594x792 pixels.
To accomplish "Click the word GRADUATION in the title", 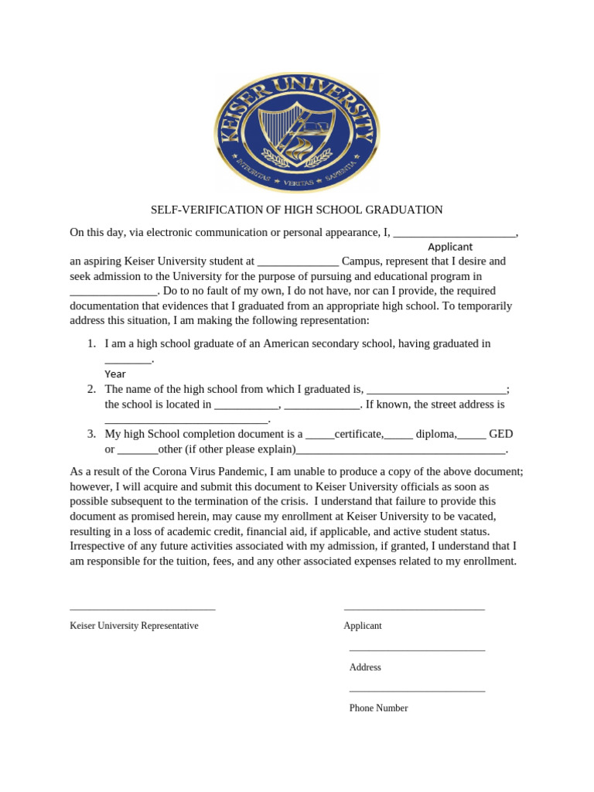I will coord(405,210).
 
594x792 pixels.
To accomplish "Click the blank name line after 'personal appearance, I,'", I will coord(454,233).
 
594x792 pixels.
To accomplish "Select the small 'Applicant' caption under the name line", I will coord(450,247).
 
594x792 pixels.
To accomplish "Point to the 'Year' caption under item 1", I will coord(115,374).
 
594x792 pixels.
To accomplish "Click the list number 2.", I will coord(90,389).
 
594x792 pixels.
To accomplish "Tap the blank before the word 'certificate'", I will coord(320,435).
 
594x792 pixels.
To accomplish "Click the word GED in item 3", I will coord(500,434).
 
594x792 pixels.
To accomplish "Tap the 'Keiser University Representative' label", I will coord(134,626).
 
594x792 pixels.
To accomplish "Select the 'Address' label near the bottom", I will coord(365,667).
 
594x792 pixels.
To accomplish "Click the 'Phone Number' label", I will coord(378,708).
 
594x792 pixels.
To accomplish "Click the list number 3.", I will coord(90,434).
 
